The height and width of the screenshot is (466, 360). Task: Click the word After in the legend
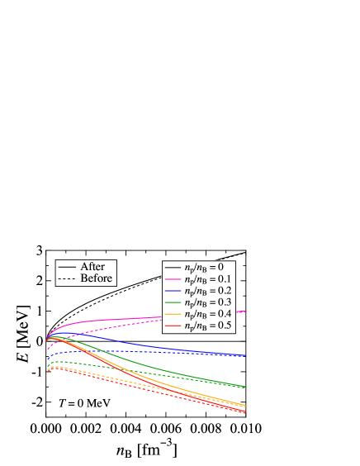[92, 267]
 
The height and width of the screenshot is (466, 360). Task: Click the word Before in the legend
[96, 279]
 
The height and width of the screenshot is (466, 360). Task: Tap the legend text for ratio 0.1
[207, 280]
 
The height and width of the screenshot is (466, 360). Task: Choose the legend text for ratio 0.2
[207, 292]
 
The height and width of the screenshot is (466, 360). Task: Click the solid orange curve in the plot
[190, 389]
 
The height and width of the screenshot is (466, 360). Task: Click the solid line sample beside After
[67, 268]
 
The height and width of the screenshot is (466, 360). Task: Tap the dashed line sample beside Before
[67, 280]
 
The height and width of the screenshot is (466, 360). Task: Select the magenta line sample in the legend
[173, 280]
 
